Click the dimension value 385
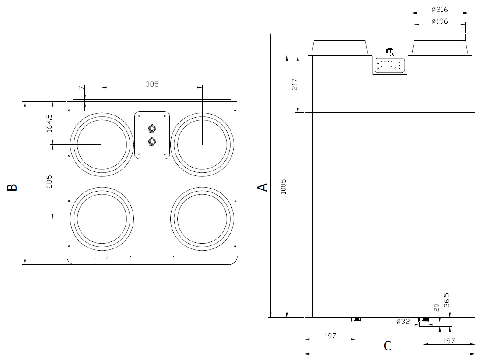point(152,84)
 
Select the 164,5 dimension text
point(49,123)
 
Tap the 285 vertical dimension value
point(49,181)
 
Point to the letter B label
point(13,187)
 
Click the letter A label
point(263,187)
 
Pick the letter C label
point(387,346)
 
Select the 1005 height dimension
point(283,187)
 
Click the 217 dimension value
point(294,84)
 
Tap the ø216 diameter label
point(439,10)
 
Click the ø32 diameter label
point(403,322)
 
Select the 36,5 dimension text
point(447,301)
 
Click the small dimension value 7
point(80,88)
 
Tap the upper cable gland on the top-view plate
point(152,128)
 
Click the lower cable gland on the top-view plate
point(152,141)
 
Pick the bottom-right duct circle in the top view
point(202,218)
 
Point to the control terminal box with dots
point(389,65)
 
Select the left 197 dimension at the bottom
point(330,336)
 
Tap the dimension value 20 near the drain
point(436,308)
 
